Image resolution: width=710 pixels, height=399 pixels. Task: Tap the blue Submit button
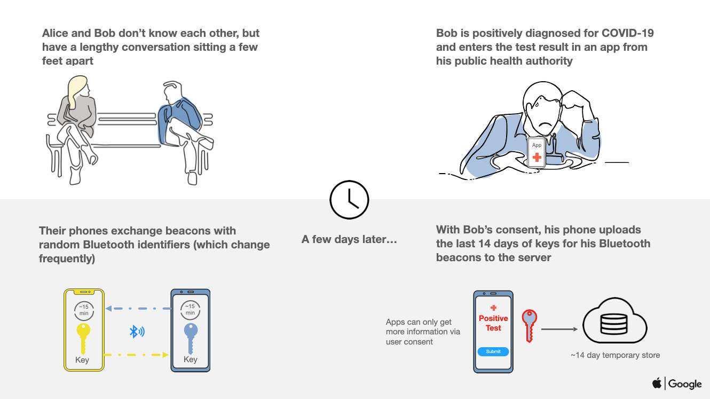pyautogui.click(x=493, y=351)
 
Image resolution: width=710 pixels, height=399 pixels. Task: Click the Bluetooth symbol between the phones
pyautogui.click(x=137, y=332)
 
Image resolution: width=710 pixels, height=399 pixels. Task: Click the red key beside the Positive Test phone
pyautogui.click(x=530, y=326)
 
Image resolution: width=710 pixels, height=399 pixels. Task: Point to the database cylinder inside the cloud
pyautogui.click(x=614, y=324)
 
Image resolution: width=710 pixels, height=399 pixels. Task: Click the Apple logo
pyautogui.click(x=657, y=383)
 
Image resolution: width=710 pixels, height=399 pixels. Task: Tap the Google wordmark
pyautogui.click(x=684, y=384)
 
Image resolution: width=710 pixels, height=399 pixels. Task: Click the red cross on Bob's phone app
pyautogui.click(x=537, y=157)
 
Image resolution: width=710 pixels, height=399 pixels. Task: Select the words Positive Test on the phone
pyautogui.click(x=493, y=323)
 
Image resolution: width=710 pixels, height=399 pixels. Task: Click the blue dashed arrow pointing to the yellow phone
pyautogui.click(x=138, y=308)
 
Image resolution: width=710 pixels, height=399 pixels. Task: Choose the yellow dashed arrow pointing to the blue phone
pyautogui.click(x=136, y=355)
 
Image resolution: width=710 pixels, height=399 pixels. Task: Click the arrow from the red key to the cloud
pyautogui.click(x=559, y=329)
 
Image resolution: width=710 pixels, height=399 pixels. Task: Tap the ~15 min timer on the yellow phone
pyautogui.click(x=84, y=310)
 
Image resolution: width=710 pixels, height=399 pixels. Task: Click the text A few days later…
pyautogui.click(x=349, y=239)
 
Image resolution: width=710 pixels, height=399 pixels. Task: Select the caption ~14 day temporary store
pyautogui.click(x=615, y=355)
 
